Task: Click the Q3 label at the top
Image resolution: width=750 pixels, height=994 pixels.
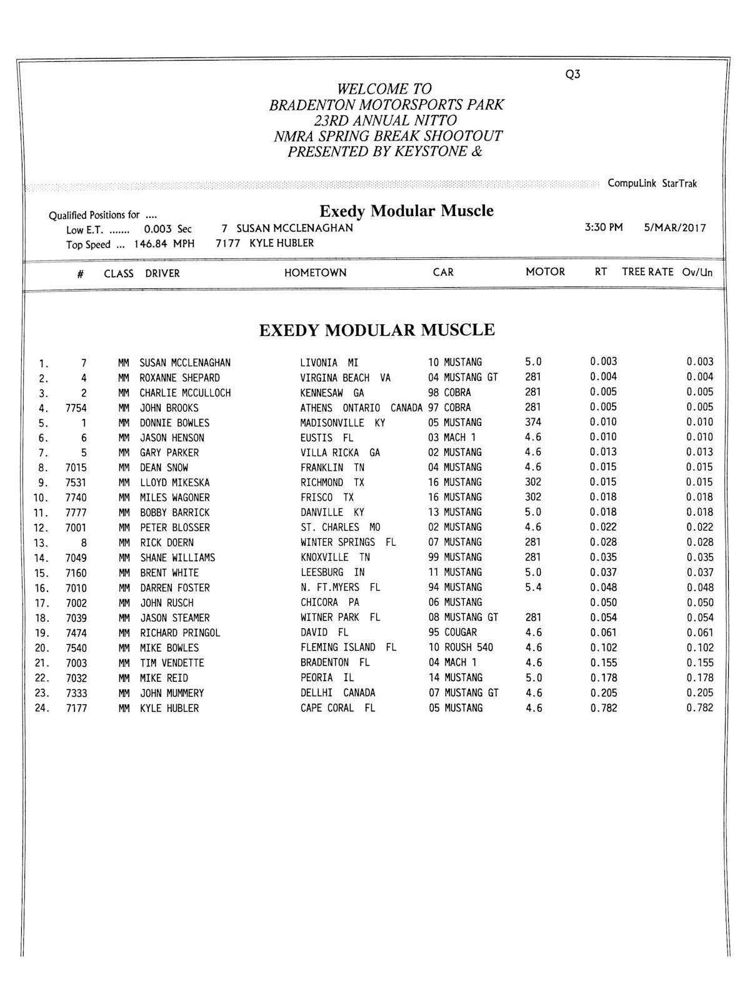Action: [x=572, y=74]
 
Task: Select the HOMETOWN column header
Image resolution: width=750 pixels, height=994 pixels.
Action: [x=315, y=273]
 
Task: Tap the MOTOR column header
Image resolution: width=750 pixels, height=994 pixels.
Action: [x=545, y=272]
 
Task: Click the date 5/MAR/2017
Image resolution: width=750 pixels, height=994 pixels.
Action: [x=675, y=228]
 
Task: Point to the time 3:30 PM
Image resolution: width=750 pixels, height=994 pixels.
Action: [x=604, y=227]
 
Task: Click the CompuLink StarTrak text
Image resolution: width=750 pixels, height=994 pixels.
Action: [x=652, y=184]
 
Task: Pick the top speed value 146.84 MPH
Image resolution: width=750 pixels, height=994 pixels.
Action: [x=164, y=244]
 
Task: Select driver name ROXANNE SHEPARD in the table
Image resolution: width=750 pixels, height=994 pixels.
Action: [x=179, y=378]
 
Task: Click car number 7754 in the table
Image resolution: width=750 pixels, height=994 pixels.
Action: [x=76, y=408]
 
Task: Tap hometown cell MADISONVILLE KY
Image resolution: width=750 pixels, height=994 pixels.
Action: [x=342, y=423]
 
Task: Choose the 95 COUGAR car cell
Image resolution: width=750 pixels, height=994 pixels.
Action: [x=452, y=632]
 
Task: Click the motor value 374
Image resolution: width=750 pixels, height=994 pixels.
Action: [x=533, y=422]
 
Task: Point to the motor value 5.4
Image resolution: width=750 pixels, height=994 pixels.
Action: [x=533, y=587]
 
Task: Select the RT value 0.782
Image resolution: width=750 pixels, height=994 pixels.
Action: [x=603, y=708]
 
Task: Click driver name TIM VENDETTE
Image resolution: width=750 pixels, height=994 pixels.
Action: [x=172, y=663]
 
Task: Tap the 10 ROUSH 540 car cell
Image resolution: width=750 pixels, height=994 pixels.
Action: [x=461, y=647]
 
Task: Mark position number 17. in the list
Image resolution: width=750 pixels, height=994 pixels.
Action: [x=42, y=603]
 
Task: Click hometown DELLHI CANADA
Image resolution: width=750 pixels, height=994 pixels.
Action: [x=337, y=693]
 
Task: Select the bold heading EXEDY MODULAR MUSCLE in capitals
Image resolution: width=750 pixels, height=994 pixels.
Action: [x=377, y=330]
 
